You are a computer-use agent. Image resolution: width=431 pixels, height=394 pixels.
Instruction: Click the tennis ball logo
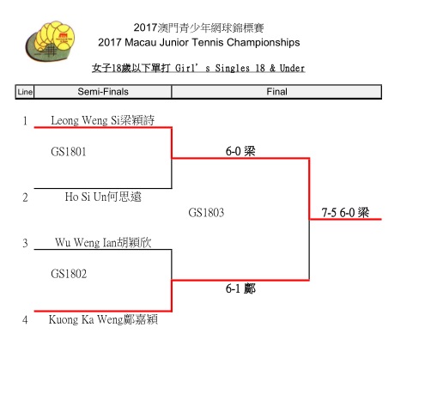(x=51, y=40)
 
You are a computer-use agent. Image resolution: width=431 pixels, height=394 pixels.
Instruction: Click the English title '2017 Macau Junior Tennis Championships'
(x=199, y=43)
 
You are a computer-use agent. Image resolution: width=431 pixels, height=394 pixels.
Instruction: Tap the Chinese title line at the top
(x=199, y=27)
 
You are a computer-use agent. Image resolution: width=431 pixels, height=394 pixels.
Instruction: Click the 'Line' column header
(x=25, y=92)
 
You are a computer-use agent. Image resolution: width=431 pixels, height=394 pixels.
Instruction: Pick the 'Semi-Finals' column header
(x=103, y=92)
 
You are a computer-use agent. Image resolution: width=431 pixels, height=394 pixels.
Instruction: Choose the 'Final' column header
(x=276, y=92)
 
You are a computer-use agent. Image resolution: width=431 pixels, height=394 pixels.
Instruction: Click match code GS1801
(x=69, y=152)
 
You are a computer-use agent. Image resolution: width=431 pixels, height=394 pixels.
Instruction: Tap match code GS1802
(x=69, y=274)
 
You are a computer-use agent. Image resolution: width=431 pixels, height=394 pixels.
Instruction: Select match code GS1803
(x=206, y=213)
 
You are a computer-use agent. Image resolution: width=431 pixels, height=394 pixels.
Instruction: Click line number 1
(x=25, y=121)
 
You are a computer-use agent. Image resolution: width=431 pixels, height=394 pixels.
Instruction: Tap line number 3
(x=25, y=243)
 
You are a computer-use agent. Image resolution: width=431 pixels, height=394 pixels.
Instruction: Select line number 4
(x=25, y=319)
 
